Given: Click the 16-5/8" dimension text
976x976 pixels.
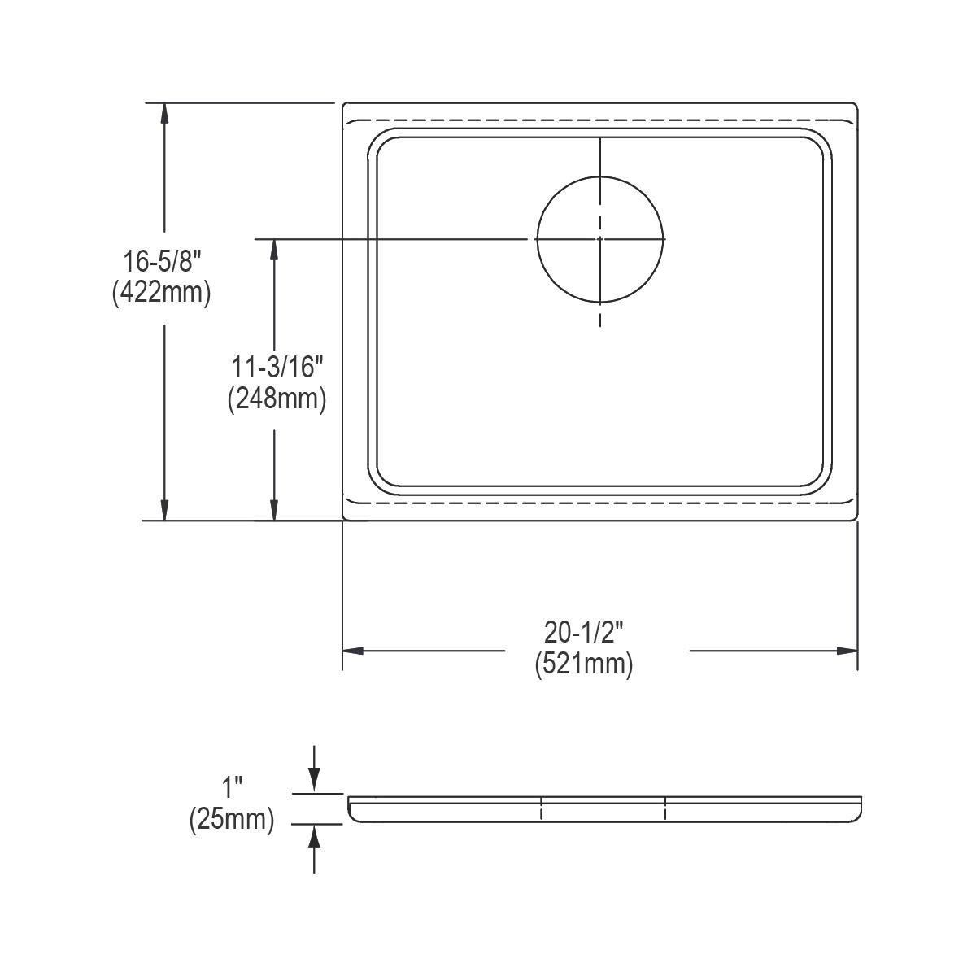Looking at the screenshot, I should coord(161,262).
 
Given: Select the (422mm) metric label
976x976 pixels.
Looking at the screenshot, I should coord(161,292).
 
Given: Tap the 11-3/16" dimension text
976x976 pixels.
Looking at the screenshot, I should coord(277,368).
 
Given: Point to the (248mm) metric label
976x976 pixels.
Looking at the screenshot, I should coord(277,399).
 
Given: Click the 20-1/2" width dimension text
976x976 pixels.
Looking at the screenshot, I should coord(583,632).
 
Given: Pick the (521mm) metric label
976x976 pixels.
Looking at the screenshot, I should coord(583,664).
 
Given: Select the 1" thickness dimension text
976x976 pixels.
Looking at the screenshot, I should coord(233,788).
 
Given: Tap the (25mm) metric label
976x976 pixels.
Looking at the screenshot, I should coord(232,820).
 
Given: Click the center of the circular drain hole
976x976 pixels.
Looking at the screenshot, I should coord(600,238).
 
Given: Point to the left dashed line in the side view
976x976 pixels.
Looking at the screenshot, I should coord(541,808).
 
